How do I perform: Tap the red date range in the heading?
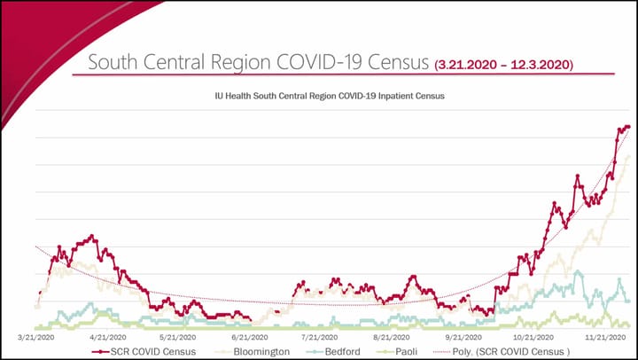point(504,65)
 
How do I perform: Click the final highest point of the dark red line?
point(628,127)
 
